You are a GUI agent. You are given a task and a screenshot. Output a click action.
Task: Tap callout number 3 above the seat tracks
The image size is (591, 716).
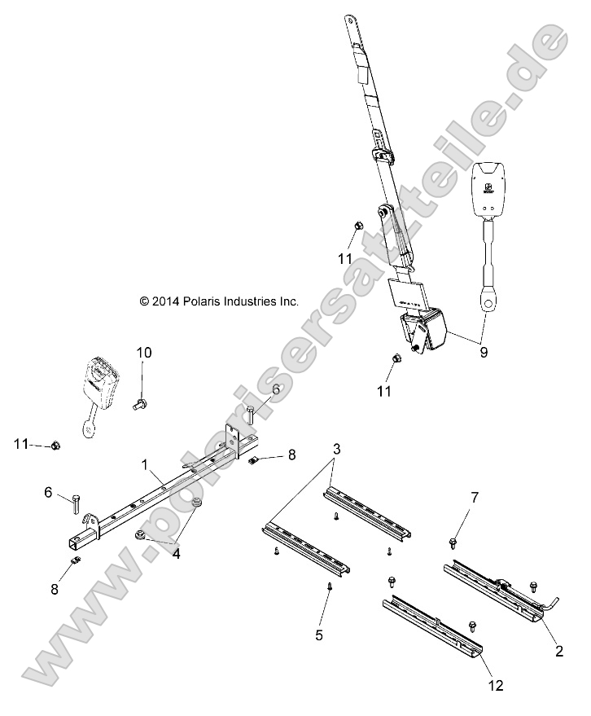(x=335, y=449)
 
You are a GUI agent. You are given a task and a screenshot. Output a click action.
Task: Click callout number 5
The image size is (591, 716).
(x=319, y=634)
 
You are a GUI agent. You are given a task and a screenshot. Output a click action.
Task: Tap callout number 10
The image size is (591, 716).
(x=143, y=353)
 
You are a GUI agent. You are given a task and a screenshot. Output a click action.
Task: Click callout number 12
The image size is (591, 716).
(x=496, y=687)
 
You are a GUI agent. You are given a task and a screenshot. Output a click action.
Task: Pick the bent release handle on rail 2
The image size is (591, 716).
(x=551, y=603)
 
